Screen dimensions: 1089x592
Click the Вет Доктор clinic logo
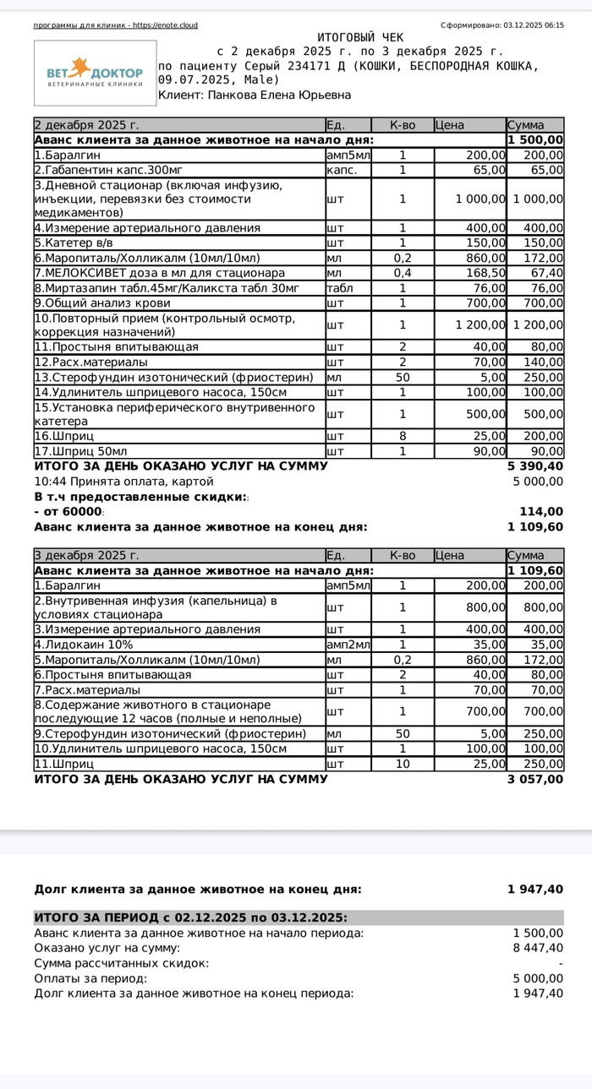click(x=95, y=73)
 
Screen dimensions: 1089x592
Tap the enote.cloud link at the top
click(x=169, y=25)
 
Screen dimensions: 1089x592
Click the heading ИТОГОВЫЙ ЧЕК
click(x=360, y=38)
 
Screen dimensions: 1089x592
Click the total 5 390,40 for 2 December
click(x=534, y=466)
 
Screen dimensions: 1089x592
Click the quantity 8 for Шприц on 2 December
click(x=403, y=436)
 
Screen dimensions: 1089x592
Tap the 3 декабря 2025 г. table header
click(x=86, y=555)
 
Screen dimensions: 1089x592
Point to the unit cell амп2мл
click(x=348, y=645)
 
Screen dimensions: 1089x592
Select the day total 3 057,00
click(x=534, y=779)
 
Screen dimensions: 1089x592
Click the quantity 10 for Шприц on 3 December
click(x=403, y=764)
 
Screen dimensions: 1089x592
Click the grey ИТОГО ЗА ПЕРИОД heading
click(x=190, y=917)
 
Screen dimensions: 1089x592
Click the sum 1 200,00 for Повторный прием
click(x=536, y=324)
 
